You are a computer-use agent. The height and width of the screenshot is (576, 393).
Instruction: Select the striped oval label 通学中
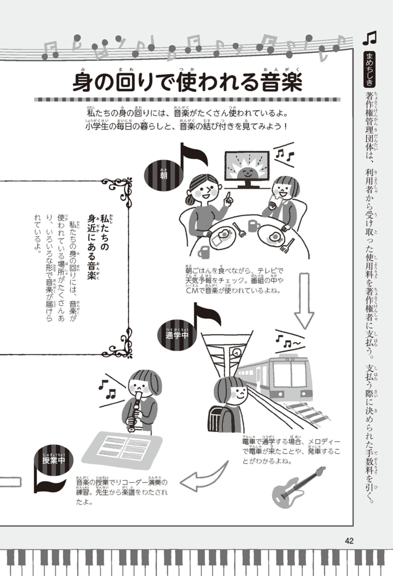(x=177, y=334)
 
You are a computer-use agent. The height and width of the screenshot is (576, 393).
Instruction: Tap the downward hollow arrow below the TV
(x=304, y=301)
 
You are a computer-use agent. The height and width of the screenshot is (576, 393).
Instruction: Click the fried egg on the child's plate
(x=275, y=237)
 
